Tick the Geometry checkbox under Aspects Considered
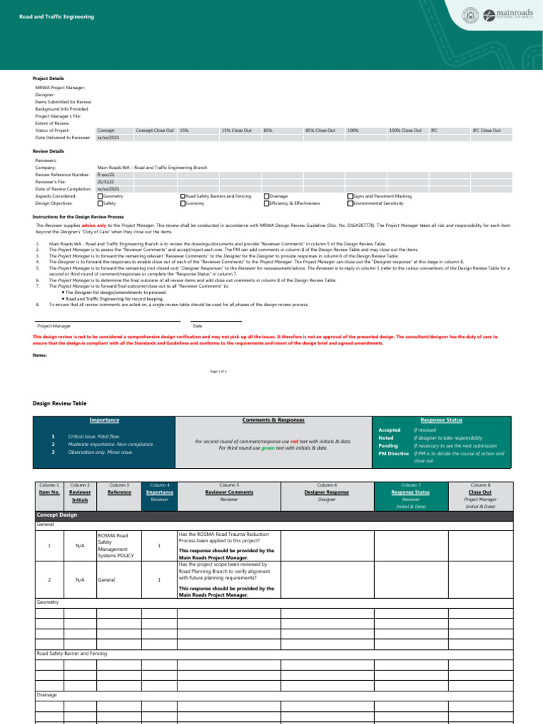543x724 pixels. pos(100,196)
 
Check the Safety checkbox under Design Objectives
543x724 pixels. pos(100,203)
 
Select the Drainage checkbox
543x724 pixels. pos(266,196)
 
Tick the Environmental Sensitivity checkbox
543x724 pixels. pos(349,203)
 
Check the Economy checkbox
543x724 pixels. pos(182,203)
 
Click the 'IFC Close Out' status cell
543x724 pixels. pos(486,131)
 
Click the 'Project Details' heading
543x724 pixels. pos(48,78)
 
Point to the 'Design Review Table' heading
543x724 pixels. pos(60,403)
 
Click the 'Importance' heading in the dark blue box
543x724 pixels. pos(104,420)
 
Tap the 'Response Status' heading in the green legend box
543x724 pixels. pos(441,420)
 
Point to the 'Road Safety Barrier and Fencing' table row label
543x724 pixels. pos(72,653)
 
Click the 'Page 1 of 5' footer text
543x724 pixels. pos(218,370)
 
